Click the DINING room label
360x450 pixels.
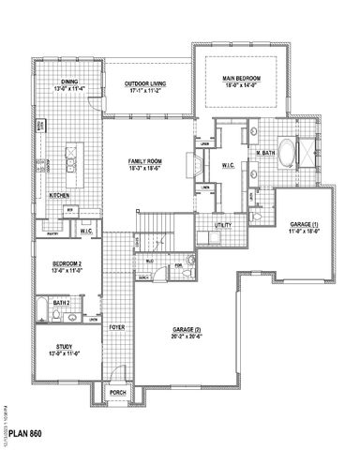(x=70, y=82)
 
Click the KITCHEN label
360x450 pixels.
(x=59, y=195)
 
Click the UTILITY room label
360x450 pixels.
(x=223, y=226)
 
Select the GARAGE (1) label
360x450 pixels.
(x=306, y=226)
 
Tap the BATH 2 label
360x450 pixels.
(x=61, y=304)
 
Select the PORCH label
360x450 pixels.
(x=118, y=393)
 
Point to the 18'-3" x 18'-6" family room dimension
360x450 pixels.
(x=147, y=169)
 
